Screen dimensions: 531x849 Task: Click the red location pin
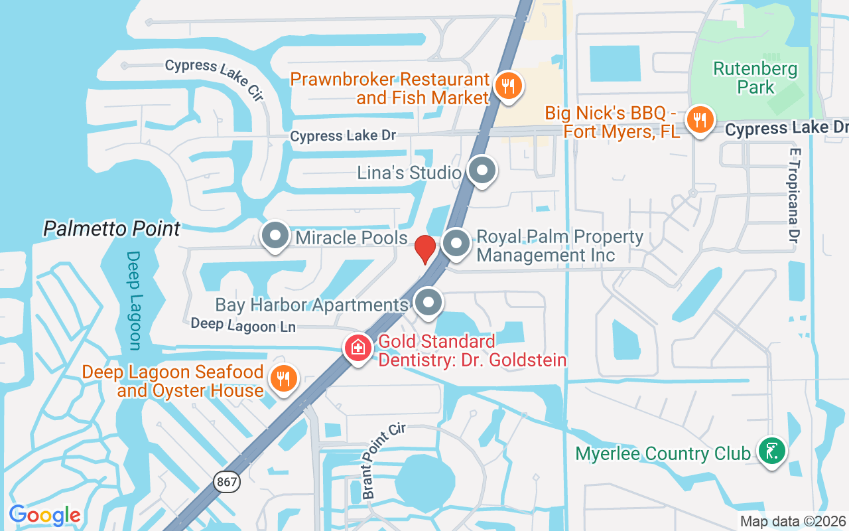pos(424,248)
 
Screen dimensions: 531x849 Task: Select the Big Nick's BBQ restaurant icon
pos(699,120)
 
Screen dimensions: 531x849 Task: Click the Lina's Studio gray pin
pos(482,171)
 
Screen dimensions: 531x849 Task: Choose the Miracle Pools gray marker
pos(275,236)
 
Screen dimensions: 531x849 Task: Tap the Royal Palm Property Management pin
pos(456,244)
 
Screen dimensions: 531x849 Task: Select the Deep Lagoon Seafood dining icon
pos(284,379)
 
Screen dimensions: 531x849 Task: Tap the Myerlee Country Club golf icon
pos(771,451)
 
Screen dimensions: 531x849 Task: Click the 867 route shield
pos(227,482)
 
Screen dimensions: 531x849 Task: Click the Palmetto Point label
pos(111,229)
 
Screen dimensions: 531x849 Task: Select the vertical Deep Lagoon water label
pos(134,300)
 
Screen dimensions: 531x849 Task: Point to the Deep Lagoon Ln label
pos(242,325)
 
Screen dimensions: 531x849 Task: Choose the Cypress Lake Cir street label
pos(214,78)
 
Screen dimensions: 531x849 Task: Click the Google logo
pos(44,515)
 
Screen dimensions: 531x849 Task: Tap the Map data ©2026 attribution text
pos(793,522)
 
